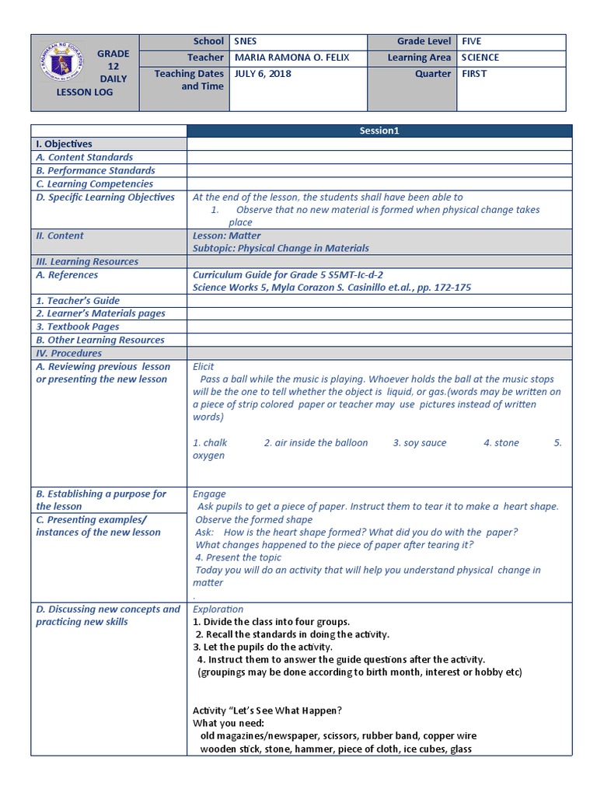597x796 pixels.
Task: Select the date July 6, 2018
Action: pos(260,74)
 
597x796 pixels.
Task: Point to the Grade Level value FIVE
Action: pos(471,41)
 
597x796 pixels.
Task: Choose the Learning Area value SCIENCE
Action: pos(480,58)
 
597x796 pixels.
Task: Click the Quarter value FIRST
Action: pos(473,74)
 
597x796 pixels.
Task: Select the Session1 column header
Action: pos(379,131)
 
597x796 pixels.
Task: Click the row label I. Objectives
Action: pos(64,144)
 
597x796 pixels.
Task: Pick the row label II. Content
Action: pos(60,236)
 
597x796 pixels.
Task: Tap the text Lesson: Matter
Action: pos(226,236)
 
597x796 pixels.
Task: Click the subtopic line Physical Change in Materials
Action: pos(281,249)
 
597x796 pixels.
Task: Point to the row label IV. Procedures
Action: pos(68,353)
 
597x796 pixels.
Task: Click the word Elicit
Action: pos(204,366)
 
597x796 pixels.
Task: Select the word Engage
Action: pos(209,494)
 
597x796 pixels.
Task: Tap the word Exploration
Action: pos(218,609)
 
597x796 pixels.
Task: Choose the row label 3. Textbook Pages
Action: pos(78,326)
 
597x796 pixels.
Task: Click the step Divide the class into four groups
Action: pos(271,622)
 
